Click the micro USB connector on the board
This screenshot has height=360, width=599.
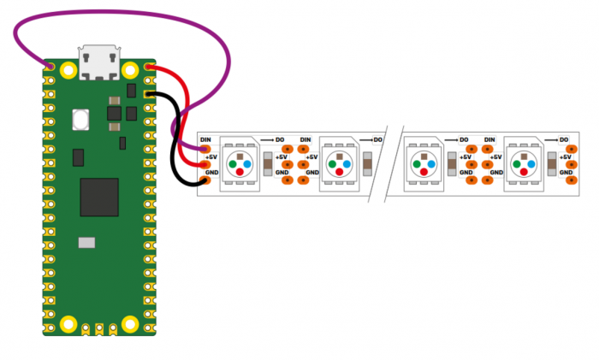pos(99,62)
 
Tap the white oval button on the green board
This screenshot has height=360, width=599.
pos(80,120)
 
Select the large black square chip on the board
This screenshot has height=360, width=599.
pos(99,197)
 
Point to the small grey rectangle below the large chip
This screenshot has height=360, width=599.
pos(86,243)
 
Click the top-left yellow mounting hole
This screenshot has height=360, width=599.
pos(68,70)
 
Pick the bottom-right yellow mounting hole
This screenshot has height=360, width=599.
pos(130,324)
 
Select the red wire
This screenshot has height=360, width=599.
pos(186,115)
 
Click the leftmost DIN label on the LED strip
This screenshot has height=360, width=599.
pos(205,139)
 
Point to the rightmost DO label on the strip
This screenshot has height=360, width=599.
pos(564,139)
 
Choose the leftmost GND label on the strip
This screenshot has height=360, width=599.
pos(211,173)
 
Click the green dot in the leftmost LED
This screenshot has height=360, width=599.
pos(232,164)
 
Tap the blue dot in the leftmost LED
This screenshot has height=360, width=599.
pos(247,164)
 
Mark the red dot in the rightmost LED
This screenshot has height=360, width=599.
pos(524,172)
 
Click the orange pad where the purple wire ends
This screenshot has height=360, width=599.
pos(205,149)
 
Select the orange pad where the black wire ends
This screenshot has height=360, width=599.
pos(205,180)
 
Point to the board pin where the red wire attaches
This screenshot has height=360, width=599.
pos(149,68)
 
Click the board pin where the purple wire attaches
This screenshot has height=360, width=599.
pos(50,68)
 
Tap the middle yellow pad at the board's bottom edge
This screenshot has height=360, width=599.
pos(99,329)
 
